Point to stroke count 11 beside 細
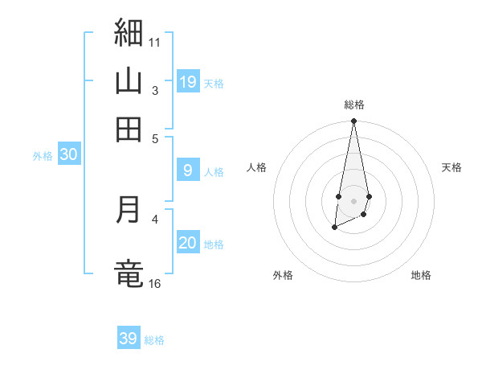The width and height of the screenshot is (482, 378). (x=154, y=42)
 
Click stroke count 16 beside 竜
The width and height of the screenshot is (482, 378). (x=154, y=283)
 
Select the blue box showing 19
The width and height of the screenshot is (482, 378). (x=188, y=81)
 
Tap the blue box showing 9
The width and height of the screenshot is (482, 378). (x=188, y=170)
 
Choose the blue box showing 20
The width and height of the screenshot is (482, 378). (x=188, y=243)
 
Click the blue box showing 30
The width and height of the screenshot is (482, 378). (x=68, y=155)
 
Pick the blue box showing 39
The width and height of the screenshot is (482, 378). (x=129, y=339)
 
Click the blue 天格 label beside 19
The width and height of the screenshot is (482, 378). (x=214, y=83)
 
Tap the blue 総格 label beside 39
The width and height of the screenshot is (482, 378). (x=154, y=340)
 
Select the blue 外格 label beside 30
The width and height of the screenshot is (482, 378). (x=43, y=157)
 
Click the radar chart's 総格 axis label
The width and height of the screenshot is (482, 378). (x=353, y=105)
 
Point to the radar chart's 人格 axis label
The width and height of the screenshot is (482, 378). (x=257, y=167)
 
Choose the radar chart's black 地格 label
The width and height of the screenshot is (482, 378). (x=421, y=275)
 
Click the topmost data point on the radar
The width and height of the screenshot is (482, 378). (x=353, y=121)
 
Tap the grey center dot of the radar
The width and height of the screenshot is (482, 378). (x=353, y=199)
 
